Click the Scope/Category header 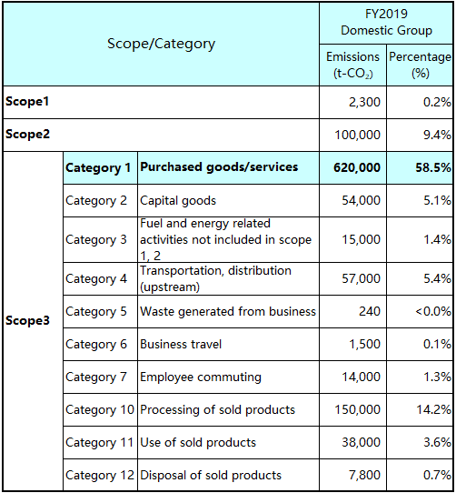[161, 44]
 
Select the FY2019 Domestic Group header [386, 22]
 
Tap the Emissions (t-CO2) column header [352, 65]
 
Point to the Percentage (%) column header [420, 65]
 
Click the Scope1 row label [27, 102]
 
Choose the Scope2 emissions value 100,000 [357, 135]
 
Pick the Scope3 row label [27, 321]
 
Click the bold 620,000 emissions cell [357, 167]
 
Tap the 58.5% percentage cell [433, 167]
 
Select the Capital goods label [178, 201]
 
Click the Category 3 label [96, 239]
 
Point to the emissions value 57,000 [362, 278]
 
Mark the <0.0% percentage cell [433, 311]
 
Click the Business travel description [181, 345]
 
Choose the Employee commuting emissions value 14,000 [362, 377]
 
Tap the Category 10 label [100, 410]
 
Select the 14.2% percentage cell [433, 409]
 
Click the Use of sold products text [198, 443]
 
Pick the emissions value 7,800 [365, 476]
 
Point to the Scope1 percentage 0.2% [437, 102]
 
